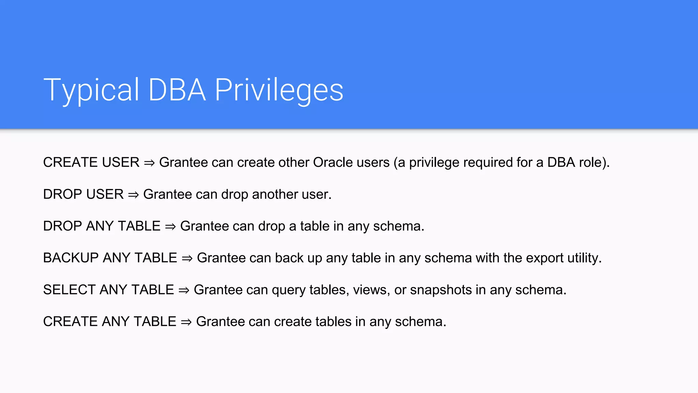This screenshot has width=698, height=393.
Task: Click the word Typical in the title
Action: point(91,90)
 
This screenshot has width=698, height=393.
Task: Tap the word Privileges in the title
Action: point(279,90)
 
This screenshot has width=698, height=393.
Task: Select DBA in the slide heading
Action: point(177,90)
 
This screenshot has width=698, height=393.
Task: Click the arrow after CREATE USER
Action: point(149,163)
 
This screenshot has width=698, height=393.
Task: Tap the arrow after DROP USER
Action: point(133,195)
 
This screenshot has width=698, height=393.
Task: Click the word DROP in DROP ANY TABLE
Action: point(62,226)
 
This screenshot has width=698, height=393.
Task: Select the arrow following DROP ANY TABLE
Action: point(170,227)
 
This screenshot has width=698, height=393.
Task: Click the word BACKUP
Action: point(71,258)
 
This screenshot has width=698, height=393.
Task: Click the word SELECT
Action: point(69,290)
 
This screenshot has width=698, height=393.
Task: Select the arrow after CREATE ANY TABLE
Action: point(186,322)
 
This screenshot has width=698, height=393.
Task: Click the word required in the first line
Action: point(486,162)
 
